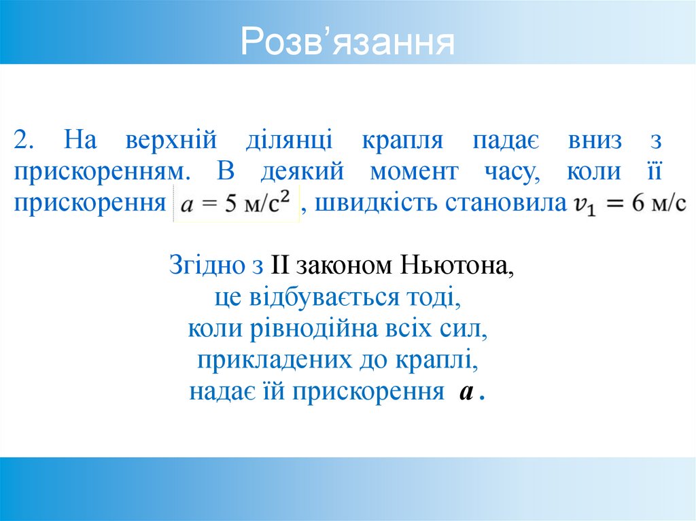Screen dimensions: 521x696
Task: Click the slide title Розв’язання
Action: pyautogui.click(x=347, y=42)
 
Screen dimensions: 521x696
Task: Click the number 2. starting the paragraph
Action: pyautogui.click(x=27, y=141)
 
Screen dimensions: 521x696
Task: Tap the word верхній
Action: pyautogui.click(x=171, y=141)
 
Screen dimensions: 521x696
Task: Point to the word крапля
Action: pyautogui.click(x=402, y=141)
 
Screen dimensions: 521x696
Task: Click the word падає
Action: pyautogui.click(x=506, y=141)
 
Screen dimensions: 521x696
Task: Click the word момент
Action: pyautogui.click(x=415, y=172)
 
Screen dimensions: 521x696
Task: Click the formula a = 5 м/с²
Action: pyautogui.click(x=237, y=204)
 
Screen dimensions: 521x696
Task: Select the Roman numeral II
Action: pyautogui.click(x=280, y=266)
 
